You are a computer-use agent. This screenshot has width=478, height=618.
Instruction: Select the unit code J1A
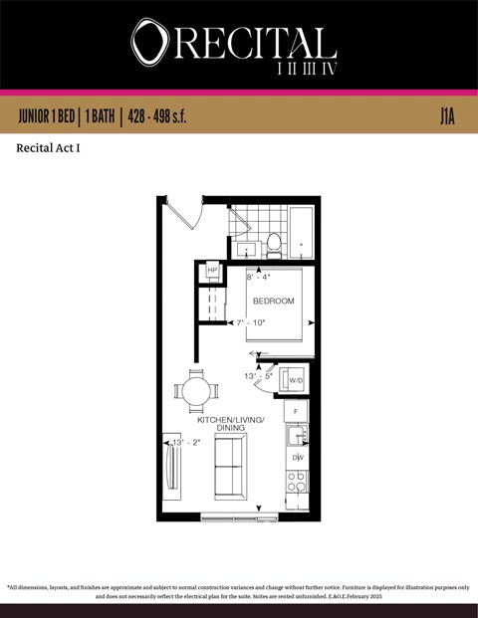point(448,116)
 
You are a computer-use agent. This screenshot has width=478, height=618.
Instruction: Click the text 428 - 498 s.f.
point(153,116)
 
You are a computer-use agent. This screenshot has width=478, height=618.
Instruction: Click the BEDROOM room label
point(273,301)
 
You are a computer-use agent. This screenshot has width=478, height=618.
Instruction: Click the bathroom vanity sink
point(244,249)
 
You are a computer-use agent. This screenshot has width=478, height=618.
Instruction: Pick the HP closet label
point(212,271)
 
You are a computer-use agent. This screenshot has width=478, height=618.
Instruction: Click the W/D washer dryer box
point(295,378)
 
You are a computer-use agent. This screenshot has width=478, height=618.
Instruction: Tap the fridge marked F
point(296,411)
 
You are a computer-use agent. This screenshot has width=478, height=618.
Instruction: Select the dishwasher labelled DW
point(297,457)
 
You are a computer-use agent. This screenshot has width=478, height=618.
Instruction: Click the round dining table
point(195,390)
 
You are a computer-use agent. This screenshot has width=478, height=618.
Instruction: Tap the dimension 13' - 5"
point(258,376)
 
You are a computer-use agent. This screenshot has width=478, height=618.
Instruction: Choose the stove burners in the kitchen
point(297,482)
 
